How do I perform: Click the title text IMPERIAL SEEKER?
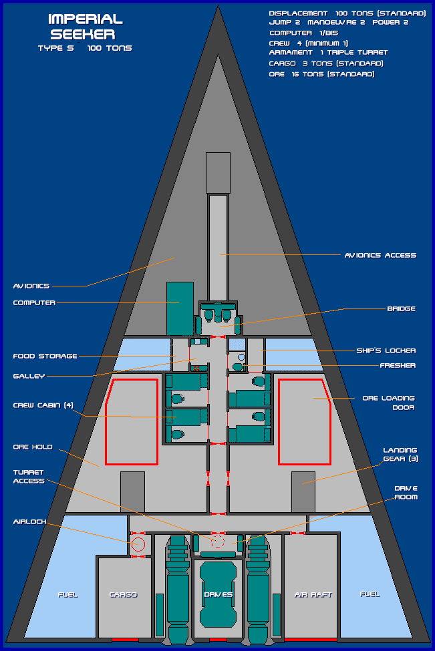86,27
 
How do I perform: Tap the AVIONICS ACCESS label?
380,255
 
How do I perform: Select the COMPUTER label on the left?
34,302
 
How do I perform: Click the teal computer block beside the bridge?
180,308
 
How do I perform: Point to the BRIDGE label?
401,308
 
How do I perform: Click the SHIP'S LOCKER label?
386,351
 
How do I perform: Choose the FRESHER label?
398,365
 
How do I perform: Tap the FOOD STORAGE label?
45,356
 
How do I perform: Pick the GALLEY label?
29,376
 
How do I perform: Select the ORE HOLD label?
33,447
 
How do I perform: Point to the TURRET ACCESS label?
29,476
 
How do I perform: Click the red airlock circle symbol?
138,544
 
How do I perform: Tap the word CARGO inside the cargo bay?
123,594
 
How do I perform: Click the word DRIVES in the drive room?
218,594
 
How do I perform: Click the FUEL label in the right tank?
370,594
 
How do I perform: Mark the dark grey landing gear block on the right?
303,492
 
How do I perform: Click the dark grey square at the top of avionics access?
218,173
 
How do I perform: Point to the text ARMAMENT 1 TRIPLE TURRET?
328,52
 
